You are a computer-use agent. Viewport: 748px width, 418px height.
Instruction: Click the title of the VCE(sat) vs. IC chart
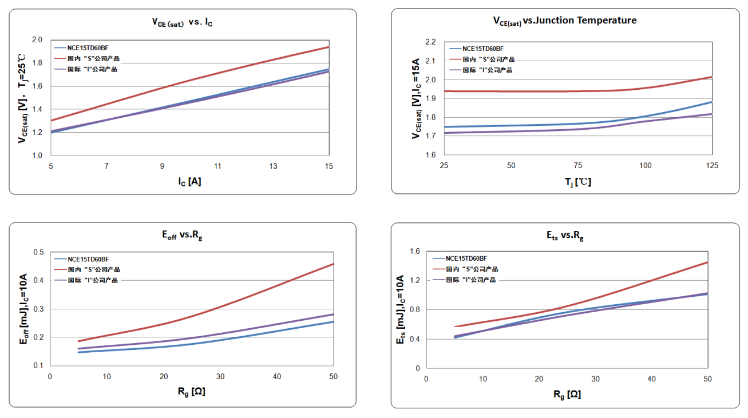click(183, 22)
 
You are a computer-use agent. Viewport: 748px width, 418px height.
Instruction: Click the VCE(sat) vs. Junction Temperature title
click(564, 21)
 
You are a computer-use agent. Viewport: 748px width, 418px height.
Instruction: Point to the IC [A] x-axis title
click(189, 182)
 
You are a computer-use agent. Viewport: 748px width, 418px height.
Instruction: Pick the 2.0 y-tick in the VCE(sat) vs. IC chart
click(37, 40)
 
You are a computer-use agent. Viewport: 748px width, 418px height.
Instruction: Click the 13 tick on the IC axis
click(274, 166)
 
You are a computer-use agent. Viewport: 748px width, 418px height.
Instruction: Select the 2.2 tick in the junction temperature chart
click(431, 42)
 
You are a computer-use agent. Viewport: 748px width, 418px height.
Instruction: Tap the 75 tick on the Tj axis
click(578, 165)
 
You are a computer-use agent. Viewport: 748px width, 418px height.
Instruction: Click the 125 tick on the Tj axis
click(712, 165)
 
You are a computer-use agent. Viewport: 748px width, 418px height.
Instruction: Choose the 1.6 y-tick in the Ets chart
click(415, 252)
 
